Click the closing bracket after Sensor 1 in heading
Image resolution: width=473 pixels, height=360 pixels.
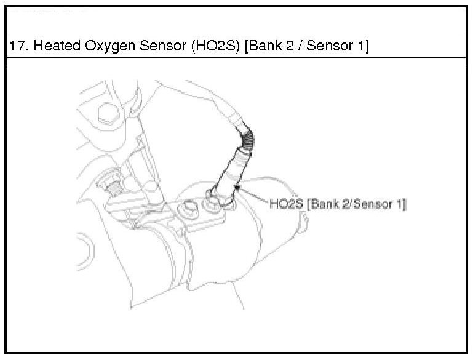(367, 46)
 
